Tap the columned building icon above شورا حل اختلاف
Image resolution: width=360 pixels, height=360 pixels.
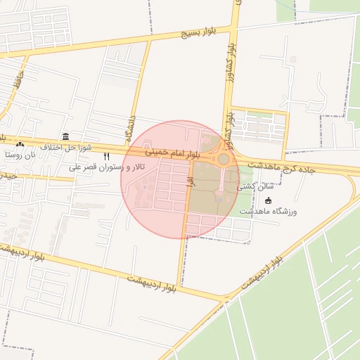tap(65, 136)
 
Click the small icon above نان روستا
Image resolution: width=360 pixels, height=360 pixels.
tap(20, 143)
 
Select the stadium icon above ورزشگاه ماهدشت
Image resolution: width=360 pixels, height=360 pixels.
tap(268, 201)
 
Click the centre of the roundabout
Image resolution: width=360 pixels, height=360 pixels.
tap(223, 160)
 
